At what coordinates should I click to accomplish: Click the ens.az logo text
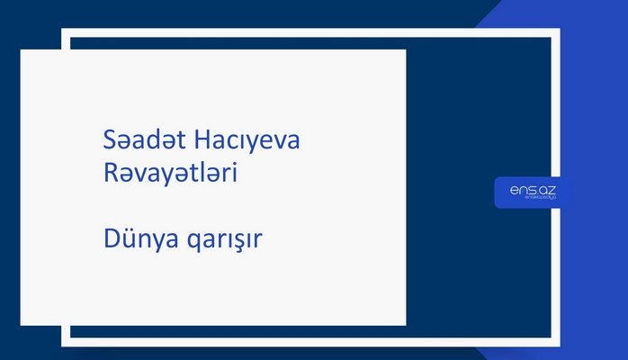527,189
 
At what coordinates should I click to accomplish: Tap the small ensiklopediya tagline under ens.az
527,200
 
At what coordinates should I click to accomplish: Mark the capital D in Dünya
111,240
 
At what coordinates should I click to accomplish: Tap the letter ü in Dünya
128,240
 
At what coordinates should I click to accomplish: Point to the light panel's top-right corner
405,50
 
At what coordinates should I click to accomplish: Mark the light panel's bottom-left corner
22,324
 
